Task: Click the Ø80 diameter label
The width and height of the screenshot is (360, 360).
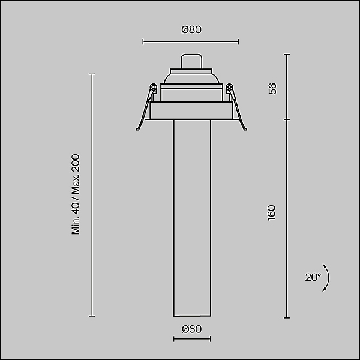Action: [191, 29]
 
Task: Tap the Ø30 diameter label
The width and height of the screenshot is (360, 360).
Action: [192, 329]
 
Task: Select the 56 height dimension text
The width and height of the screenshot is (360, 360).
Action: [272, 89]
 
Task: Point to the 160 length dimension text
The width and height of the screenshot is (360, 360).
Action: [272, 213]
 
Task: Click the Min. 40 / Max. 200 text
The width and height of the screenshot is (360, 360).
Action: [76, 194]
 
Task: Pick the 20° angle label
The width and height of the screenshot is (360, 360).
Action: [313, 277]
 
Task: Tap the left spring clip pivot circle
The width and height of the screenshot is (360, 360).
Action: [153, 87]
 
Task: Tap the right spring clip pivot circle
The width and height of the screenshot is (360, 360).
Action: [229, 87]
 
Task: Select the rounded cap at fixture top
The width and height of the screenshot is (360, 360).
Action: [192, 61]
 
